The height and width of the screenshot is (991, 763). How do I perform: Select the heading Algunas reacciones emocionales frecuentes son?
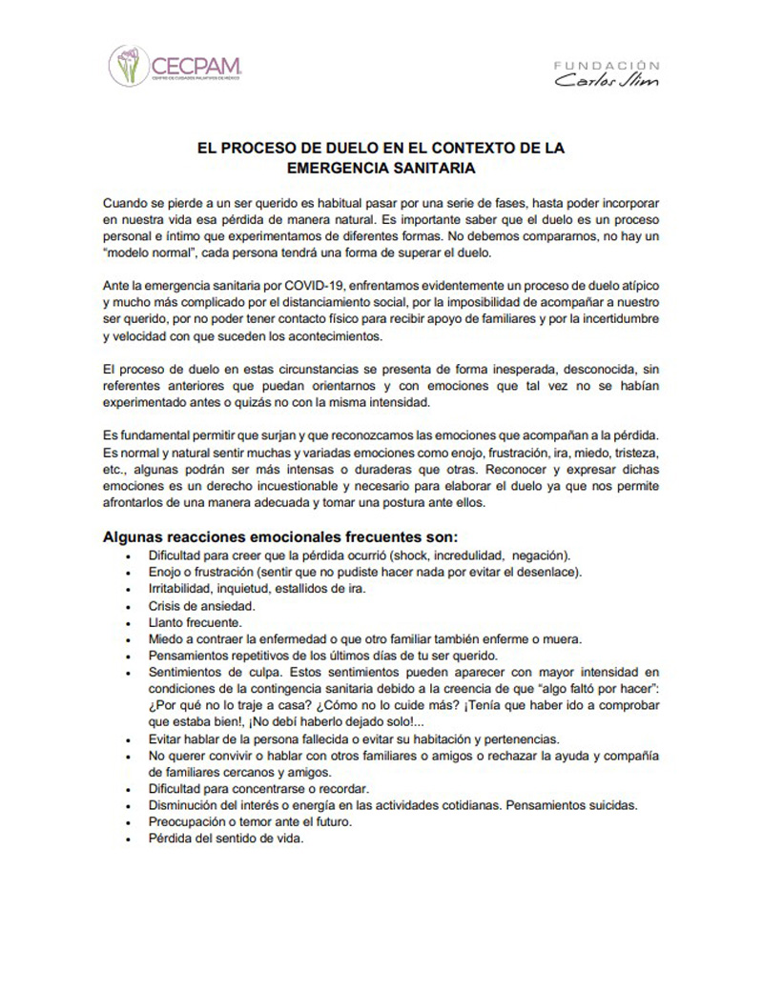click(x=280, y=536)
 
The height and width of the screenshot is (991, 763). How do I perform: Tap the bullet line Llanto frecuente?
click(x=188, y=622)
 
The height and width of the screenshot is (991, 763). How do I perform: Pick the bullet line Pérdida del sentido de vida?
click(x=225, y=839)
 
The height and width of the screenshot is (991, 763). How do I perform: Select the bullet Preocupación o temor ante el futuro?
click(x=251, y=822)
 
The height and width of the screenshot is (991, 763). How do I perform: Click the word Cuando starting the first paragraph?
click(x=130, y=204)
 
